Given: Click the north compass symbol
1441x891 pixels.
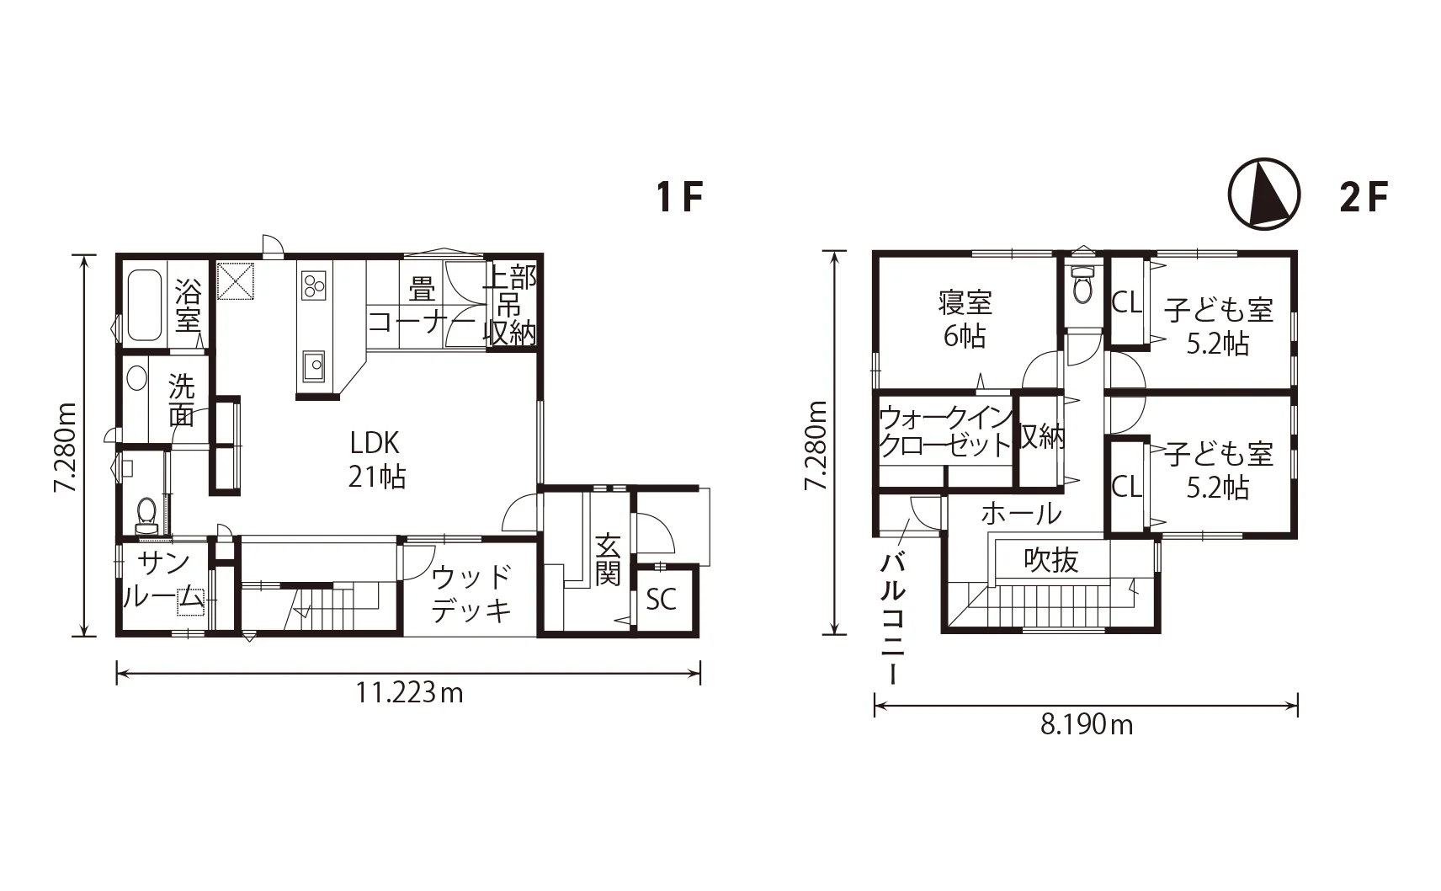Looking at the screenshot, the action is tap(1264, 194).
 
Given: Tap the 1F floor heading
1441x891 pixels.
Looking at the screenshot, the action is tap(679, 196).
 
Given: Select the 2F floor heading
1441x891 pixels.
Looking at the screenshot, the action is tap(1364, 196).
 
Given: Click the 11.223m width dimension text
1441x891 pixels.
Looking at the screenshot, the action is tap(409, 693).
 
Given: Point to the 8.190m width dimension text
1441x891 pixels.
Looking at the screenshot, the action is tap(1087, 726).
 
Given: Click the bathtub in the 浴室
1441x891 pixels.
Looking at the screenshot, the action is tap(144, 305).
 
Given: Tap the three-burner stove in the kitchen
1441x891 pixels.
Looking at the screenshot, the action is tap(314, 285).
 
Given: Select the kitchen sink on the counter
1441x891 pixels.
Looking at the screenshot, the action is tap(313, 367).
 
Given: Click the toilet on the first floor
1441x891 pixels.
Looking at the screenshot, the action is tap(146, 515).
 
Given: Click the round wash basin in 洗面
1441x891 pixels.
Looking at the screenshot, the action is tap(136, 378).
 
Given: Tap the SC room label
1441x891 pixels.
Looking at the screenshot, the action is tap(662, 600).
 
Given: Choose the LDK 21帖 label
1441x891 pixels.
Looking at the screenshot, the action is tap(376, 461).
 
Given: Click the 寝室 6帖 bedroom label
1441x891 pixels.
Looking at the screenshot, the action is tap(965, 319).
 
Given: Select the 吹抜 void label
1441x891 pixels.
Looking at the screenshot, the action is tap(1050, 561).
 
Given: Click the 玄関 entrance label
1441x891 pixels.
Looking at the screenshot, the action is tap(607, 559).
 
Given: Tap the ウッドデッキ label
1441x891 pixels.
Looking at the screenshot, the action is tap(471, 594).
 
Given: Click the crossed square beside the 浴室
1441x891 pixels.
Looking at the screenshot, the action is tap(236, 280).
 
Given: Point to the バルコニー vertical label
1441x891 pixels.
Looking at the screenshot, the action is tap(893, 618).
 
